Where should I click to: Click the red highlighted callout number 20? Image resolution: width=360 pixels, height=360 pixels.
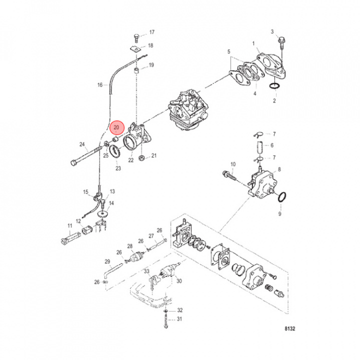coord(116,128)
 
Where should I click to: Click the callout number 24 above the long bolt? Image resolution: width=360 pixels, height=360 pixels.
coord(81,145)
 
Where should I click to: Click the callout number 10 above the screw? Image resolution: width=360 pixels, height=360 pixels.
coord(232,164)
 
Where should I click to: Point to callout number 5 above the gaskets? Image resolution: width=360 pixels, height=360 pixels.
coord(228,52)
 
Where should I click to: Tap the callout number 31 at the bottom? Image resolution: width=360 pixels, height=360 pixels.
coord(180,319)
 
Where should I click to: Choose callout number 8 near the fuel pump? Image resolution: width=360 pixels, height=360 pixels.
coord(279,170)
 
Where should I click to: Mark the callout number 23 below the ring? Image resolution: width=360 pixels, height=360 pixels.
coord(118,169)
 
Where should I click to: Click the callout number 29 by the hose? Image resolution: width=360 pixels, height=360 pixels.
coord(107,261)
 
